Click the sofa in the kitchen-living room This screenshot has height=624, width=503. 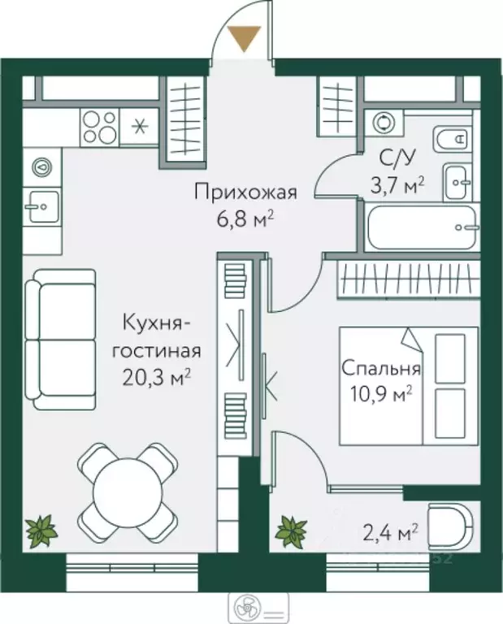(59, 341)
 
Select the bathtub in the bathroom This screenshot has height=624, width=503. (421, 228)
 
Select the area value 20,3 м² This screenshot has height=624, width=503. (156, 376)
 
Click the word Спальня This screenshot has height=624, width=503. (380, 368)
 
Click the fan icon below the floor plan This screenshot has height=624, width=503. (243, 605)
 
